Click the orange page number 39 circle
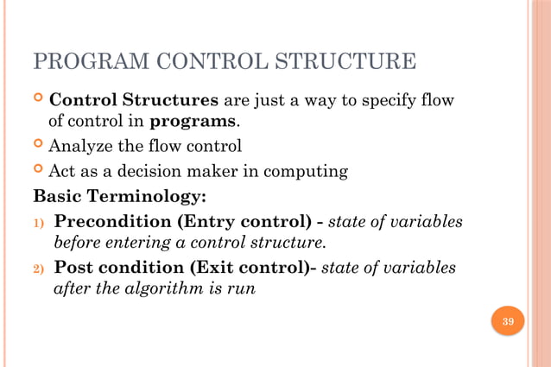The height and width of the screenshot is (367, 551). pyautogui.click(x=508, y=322)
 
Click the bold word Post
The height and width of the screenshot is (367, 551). pyautogui.click(x=75, y=268)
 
